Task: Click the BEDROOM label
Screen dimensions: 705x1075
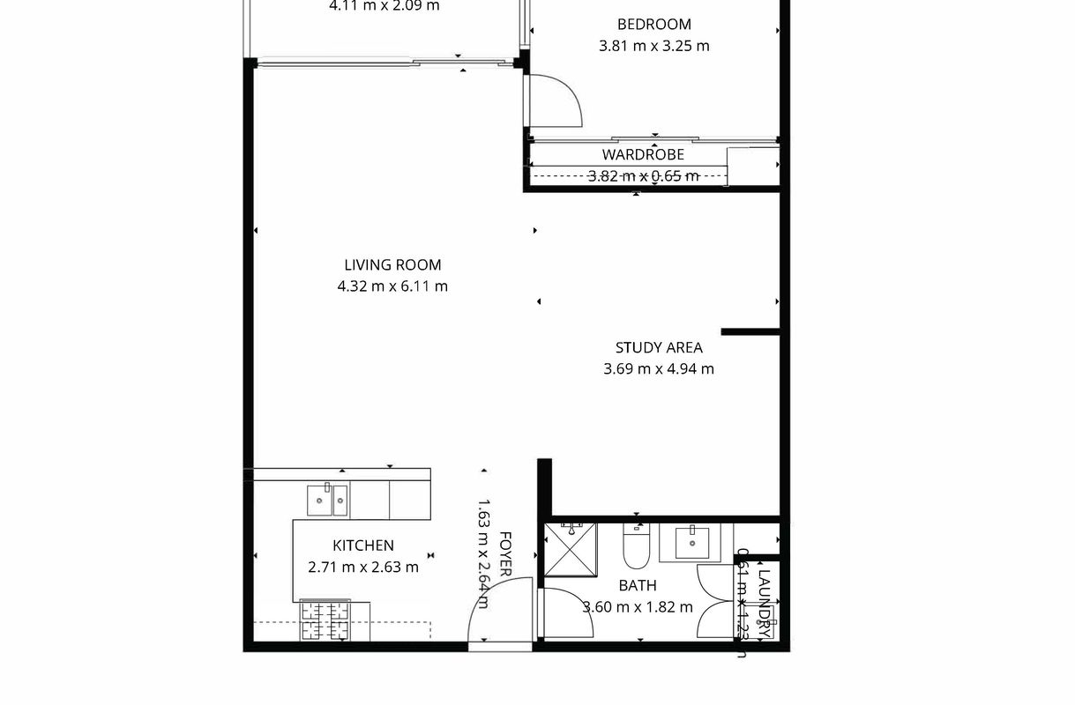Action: pos(653,25)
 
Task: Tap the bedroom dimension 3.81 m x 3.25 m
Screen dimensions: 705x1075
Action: pos(653,46)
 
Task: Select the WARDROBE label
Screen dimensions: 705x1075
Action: pos(655,155)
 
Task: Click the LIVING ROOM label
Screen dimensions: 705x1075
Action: pos(392,265)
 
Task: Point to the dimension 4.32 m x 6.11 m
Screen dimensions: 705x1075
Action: pos(392,286)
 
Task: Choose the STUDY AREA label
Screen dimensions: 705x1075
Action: pos(659,348)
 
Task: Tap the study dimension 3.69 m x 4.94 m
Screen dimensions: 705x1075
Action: pos(659,369)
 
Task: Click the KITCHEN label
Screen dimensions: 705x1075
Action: pos(362,546)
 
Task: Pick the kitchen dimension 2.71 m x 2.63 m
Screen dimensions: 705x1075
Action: pos(362,568)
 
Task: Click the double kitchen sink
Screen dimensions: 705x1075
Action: pos(327,501)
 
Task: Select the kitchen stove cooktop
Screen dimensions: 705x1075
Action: pos(325,620)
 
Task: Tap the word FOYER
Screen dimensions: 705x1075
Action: pos(506,553)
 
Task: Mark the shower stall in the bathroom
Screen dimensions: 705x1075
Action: pos(571,550)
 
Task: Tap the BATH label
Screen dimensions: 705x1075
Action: pos(637,585)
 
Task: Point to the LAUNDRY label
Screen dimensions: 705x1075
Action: pos(765,604)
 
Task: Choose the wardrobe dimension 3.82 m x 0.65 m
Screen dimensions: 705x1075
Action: pos(643,176)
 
